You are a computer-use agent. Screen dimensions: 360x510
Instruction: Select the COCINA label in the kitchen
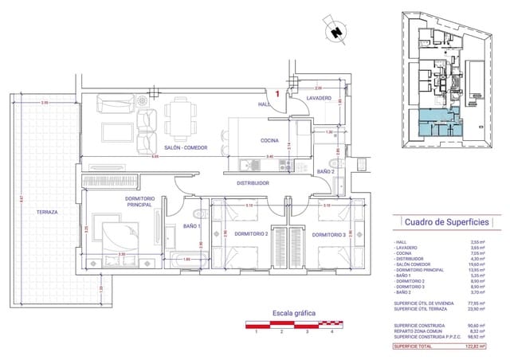click(269, 140)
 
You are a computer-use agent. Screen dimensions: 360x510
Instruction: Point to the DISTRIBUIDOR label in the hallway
click(252, 183)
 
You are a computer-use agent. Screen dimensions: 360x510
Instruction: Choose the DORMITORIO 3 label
click(329, 234)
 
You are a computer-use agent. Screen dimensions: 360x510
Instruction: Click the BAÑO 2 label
click(326, 171)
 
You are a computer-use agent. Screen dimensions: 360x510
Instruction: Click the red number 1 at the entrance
click(277, 94)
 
